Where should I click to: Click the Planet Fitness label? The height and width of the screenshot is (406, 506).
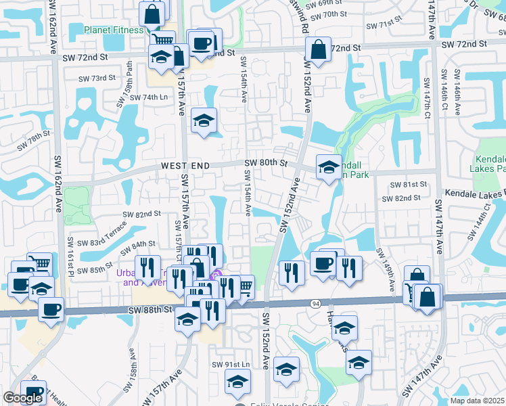click(x=114, y=30)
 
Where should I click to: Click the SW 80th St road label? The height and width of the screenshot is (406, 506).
click(x=266, y=162)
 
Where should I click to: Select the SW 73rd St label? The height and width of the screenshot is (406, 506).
click(x=97, y=78)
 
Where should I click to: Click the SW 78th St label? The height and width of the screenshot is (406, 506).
click(x=34, y=142)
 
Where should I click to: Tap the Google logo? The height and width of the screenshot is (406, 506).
click(x=22, y=398)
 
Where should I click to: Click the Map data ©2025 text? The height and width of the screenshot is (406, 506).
click(x=477, y=401)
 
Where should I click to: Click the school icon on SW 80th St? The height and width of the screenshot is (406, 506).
click(x=329, y=166)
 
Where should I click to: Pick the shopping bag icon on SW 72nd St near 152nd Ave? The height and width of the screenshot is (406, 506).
click(x=318, y=49)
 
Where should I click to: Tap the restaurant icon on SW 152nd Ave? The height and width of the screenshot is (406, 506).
click(x=292, y=272)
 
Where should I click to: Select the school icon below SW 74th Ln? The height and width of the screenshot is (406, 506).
click(x=204, y=120)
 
